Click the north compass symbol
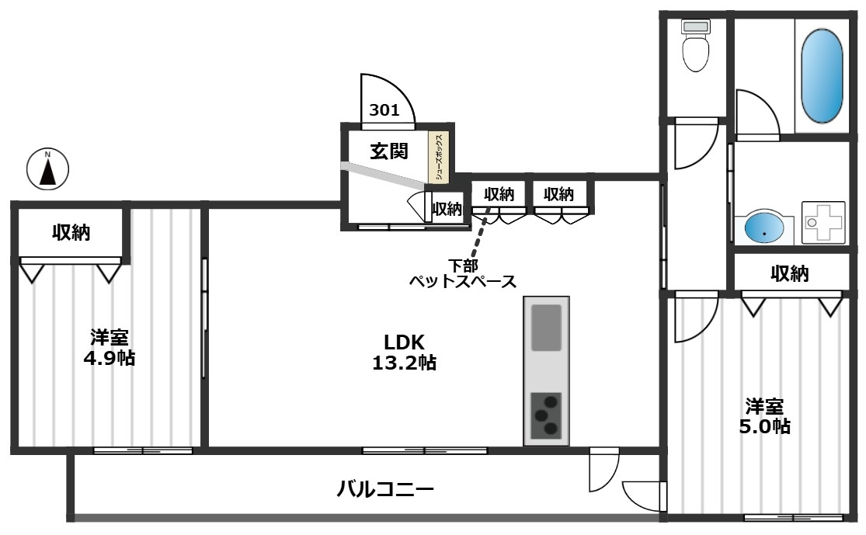click(47, 168)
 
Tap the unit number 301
click(384, 110)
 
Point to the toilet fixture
click(695, 47)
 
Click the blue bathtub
click(821, 76)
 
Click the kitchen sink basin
click(546, 328)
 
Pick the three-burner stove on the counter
click(546, 415)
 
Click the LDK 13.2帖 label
click(404, 352)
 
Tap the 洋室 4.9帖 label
click(110, 348)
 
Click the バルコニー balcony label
click(385, 489)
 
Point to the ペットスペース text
click(463, 282)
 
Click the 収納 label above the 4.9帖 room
click(71, 231)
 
